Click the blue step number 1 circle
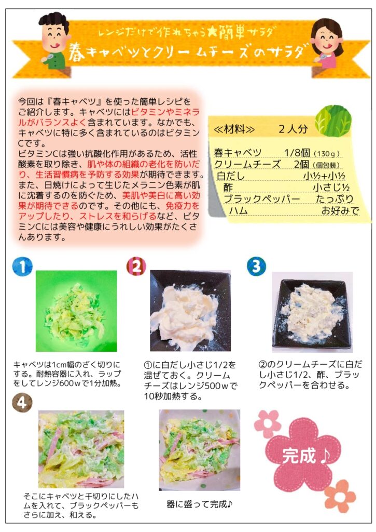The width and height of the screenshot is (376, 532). pos(22,267)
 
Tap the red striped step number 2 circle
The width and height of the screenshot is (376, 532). pos(136,267)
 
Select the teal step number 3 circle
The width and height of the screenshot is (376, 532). pos(256,267)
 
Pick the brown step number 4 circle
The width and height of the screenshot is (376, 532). pos(22,403)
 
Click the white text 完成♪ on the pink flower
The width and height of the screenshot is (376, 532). pos(305,456)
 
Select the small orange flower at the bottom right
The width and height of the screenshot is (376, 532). pos(340,496)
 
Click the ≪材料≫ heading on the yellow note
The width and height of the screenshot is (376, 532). pos(234,129)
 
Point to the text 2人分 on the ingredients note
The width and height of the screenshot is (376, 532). pos(293,129)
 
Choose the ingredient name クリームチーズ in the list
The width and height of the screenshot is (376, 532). pos(247,164)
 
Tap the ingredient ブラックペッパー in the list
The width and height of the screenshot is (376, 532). pos(262,199)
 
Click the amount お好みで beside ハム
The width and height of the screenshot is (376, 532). pos(340,211)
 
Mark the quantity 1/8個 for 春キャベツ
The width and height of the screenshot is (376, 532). pos(297,153)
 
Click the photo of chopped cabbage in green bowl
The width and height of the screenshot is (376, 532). pos(76,311)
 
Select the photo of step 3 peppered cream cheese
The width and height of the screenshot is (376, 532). pos(312,312)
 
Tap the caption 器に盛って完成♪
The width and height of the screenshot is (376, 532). pos(200,504)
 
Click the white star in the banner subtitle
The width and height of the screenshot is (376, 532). pos(212,32)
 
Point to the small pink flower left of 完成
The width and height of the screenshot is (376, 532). pos(267,424)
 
